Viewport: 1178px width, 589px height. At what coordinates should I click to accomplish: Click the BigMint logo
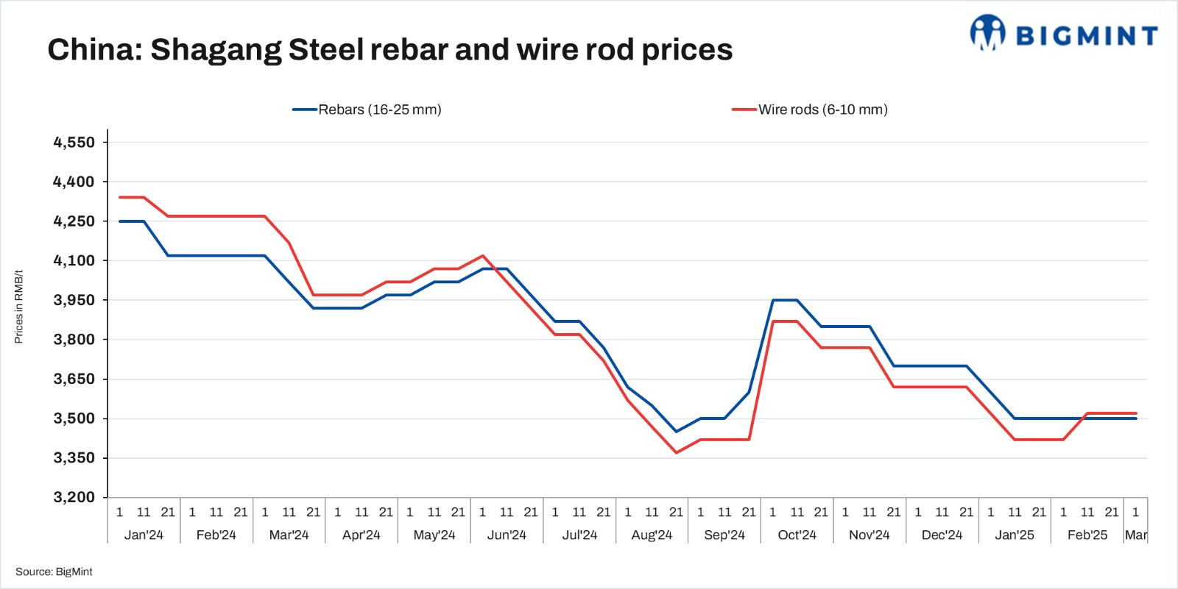point(1063,34)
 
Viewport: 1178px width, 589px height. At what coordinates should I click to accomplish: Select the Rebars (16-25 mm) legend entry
point(367,110)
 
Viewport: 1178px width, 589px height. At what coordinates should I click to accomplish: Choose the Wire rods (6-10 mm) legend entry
point(810,110)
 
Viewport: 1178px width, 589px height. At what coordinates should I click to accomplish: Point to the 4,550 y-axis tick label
point(74,143)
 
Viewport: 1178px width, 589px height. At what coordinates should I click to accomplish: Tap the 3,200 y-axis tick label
point(74,497)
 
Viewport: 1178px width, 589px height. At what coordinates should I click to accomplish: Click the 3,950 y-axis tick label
point(74,300)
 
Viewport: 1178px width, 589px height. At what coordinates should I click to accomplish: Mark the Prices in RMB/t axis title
point(19,307)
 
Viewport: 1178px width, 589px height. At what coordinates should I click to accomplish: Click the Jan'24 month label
point(144,535)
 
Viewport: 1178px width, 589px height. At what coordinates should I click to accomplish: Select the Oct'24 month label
point(797,535)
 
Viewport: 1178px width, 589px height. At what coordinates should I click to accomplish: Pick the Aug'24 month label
point(652,535)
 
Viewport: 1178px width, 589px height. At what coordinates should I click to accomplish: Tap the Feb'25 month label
point(1087,535)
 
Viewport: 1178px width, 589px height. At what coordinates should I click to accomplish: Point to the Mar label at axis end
point(1135,535)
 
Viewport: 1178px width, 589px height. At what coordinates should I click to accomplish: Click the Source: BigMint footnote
point(54,571)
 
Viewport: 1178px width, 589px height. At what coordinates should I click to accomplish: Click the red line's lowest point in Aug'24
point(676,453)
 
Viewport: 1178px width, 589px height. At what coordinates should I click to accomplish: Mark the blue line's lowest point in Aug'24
point(676,432)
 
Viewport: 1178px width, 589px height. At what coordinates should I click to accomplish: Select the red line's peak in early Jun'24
point(482,256)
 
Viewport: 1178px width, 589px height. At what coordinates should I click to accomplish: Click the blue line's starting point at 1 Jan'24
point(119,221)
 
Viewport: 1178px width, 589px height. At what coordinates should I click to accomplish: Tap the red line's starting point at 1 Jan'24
point(119,197)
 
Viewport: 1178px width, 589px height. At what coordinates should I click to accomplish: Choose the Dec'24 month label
point(942,535)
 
